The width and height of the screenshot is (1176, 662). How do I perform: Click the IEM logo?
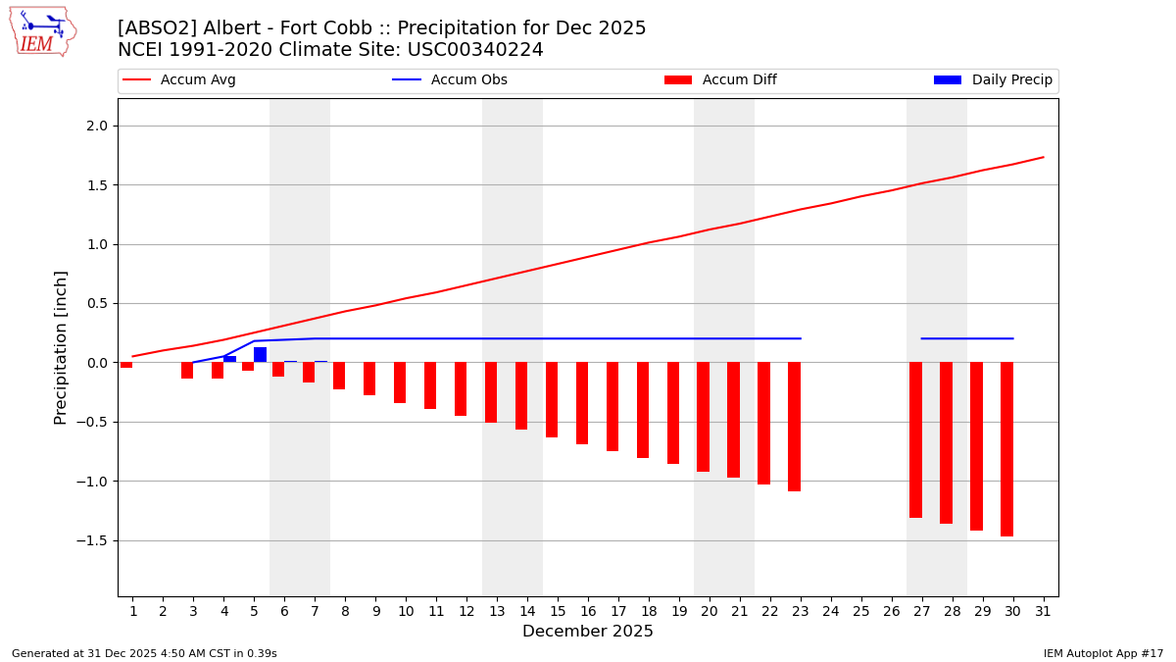42,31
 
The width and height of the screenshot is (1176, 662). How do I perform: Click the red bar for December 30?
1006,449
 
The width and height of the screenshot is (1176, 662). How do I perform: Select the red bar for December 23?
794,427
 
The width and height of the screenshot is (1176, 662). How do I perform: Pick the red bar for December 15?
552,399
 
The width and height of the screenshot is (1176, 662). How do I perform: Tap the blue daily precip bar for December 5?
260,355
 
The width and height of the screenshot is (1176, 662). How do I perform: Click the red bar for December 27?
915,439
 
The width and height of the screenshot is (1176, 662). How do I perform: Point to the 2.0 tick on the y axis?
99,126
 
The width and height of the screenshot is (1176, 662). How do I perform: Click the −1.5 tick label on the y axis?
95,540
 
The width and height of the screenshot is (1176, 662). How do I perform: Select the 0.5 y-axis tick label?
99,303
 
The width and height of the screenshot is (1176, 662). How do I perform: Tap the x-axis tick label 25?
861,611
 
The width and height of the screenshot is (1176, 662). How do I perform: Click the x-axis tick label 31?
1043,611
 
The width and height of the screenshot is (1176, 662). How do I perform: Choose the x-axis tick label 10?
406,611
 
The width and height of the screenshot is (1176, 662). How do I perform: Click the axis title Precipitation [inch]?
61,347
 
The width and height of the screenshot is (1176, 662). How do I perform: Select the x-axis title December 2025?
588,632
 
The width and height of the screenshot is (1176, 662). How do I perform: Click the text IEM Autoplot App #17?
1103,653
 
